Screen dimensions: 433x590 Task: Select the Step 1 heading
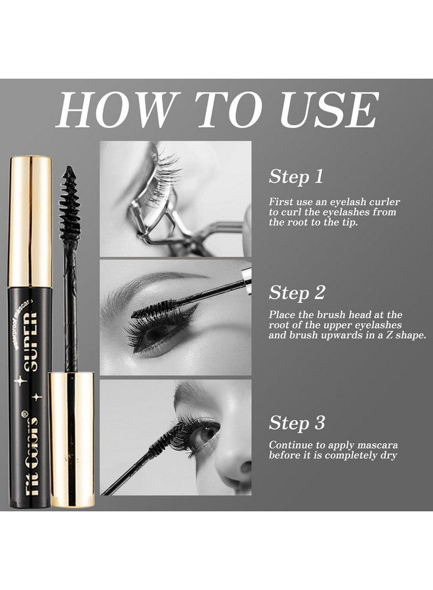tap(297, 176)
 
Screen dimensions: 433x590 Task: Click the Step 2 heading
tap(297, 292)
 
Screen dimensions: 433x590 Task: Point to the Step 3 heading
tap(297, 423)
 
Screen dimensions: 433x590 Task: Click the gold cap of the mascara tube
tap(30, 222)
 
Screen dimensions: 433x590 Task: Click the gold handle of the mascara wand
tap(72, 439)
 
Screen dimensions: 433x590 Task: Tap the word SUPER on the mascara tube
tap(32, 342)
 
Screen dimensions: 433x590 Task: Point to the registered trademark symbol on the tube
tap(26, 412)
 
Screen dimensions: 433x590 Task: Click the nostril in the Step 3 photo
tap(245, 467)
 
